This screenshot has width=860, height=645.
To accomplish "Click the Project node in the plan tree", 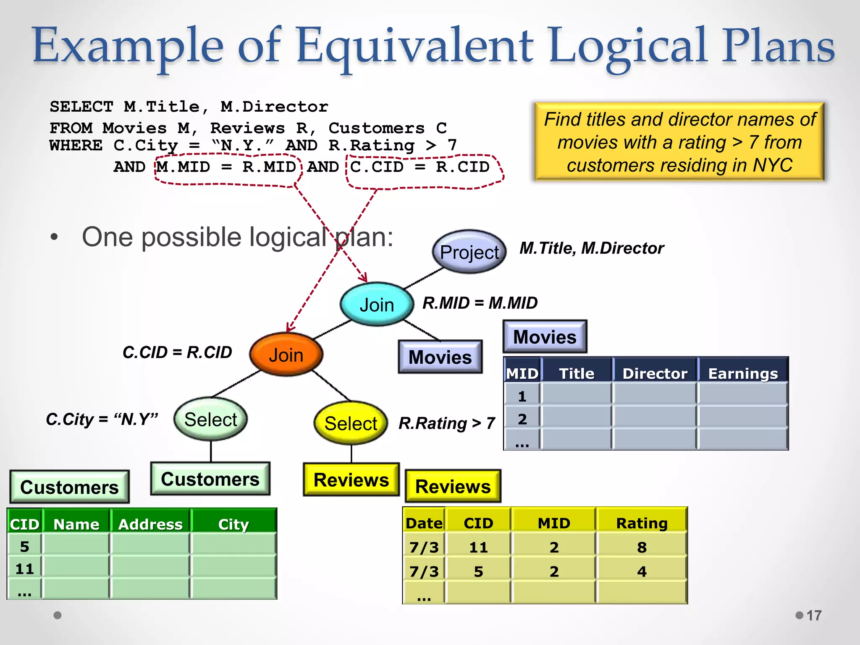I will [x=469, y=252].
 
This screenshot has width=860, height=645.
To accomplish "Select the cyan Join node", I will [x=377, y=304].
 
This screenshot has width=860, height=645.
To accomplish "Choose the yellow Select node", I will [x=351, y=423].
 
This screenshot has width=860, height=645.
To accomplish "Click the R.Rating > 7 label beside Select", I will [x=447, y=423].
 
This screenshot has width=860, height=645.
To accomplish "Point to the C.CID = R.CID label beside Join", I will [x=177, y=352].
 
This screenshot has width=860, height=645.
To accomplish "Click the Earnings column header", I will [x=742, y=373].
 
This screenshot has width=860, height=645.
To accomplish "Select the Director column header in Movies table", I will [x=654, y=373].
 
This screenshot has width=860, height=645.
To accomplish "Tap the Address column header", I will [x=150, y=524].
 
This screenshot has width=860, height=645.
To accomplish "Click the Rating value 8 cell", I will [x=641, y=547].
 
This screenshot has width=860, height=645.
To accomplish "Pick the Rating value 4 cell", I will [x=641, y=572].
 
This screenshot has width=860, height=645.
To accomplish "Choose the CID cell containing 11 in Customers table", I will [x=24, y=569].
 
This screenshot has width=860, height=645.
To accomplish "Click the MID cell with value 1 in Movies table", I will [x=522, y=396].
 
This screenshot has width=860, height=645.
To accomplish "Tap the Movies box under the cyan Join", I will [x=440, y=357].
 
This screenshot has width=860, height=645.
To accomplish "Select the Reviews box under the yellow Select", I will [x=351, y=480].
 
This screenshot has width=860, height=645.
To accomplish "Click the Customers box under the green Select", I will [x=210, y=479].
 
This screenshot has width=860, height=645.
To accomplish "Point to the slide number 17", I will [x=814, y=616].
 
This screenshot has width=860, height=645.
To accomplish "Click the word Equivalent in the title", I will [x=415, y=46].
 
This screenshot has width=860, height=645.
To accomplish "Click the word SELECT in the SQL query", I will [x=81, y=107].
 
